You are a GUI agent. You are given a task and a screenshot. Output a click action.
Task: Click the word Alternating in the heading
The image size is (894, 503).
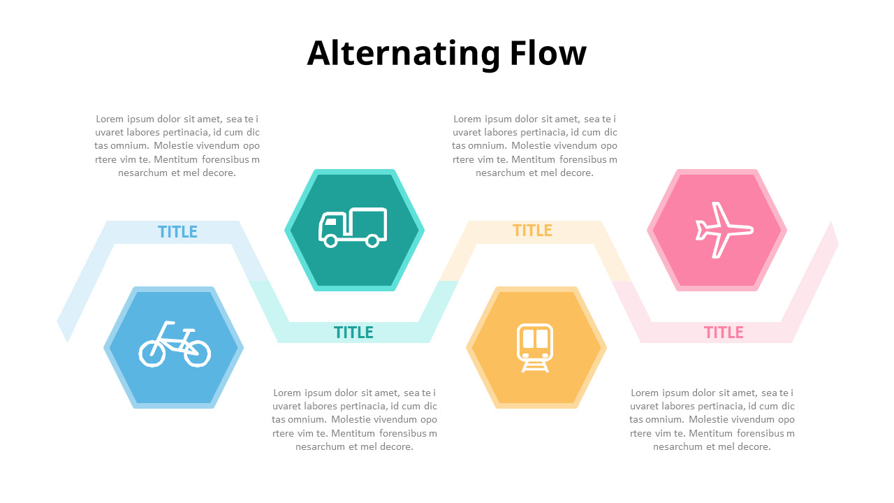click(x=404, y=54)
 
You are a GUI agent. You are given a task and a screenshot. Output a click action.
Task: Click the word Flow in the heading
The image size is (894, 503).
click(x=548, y=52)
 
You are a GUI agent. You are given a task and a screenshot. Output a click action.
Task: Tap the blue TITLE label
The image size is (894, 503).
click(x=177, y=232)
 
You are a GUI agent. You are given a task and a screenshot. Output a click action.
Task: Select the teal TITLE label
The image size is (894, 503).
click(x=353, y=333)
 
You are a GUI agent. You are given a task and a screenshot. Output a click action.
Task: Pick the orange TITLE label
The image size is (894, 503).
click(x=532, y=231)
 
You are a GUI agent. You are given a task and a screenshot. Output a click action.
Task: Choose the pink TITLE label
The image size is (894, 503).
click(x=724, y=333)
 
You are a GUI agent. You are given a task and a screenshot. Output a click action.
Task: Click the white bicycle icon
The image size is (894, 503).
click(x=175, y=344)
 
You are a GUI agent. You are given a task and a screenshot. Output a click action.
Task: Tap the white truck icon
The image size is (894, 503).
click(x=353, y=227)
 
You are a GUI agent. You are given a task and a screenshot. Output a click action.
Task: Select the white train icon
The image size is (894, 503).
click(x=535, y=348)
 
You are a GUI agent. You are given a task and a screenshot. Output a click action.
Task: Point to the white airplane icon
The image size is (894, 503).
click(x=724, y=230)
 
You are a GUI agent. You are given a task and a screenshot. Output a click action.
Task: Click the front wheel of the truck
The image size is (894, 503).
click(x=330, y=241)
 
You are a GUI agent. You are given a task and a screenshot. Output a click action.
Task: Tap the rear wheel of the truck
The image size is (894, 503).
click(x=372, y=241)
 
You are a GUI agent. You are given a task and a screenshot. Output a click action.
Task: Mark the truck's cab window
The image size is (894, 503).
click(x=330, y=221)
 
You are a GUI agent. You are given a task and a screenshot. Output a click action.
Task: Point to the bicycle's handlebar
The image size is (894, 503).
click(x=169, y=323)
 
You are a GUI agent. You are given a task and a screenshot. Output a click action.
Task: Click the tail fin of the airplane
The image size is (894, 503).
click(x=701, y=231)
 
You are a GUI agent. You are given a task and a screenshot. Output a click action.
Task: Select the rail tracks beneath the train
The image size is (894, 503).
click(x=535, y=367)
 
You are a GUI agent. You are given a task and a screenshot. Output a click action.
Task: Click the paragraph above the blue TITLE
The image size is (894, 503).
click(x=177, y=146)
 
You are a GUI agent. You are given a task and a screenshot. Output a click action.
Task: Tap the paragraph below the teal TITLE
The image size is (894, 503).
click(x=354, y=420)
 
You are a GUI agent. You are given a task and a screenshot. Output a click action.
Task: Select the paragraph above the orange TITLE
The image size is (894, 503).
click(x=535, y=146)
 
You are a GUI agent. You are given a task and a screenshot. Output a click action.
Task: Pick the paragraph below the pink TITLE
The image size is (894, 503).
click(x=712, y=420)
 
